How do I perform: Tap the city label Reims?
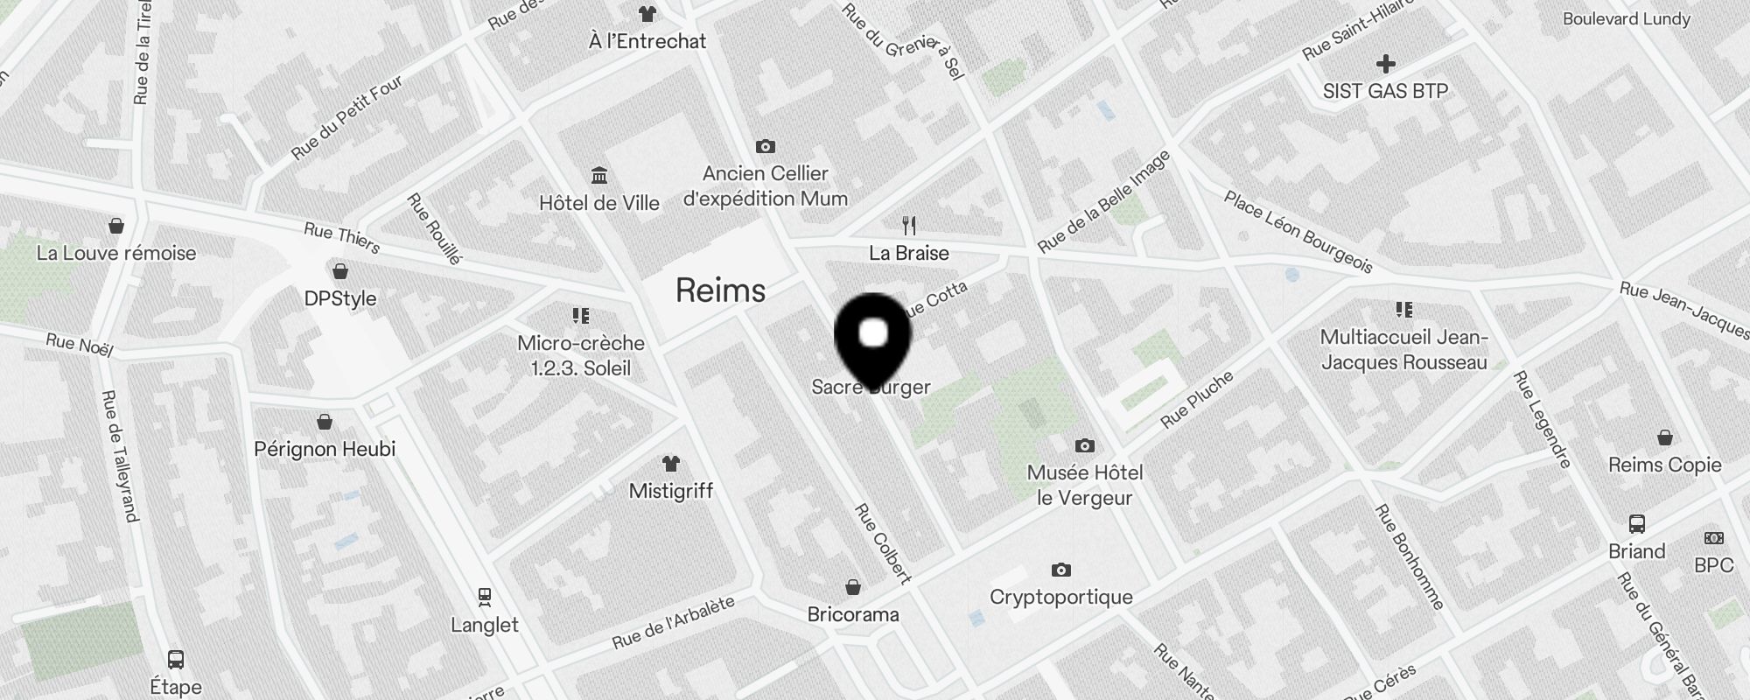click(x=720, y=290)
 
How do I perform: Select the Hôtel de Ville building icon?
click(x=599, y=176)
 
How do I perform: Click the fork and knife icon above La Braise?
click(x=909, y=226)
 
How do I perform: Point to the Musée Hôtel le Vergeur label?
click(x=1085, y=485)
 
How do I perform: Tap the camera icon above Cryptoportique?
click(x=1061, y=570)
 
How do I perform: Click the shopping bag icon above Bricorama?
click(x=853, y=587)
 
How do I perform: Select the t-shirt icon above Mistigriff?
click(x=671, y=464)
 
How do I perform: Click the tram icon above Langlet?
click(x=485, y=598)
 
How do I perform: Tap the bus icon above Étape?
click(x=176, y=660)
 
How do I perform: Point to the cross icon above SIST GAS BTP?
click(x=1385, y=64)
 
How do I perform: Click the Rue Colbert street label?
click(x=883, y=542)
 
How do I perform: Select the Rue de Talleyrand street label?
click(x=120, y=455)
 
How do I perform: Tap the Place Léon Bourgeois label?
click(x=1298, y=232)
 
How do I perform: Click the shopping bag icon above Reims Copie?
click(x=1665, y=437)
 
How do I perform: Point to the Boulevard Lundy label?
click(x=1627, y=18)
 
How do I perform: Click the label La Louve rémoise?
click(x=116, y=253)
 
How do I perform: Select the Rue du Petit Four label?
click(x=347, y=117)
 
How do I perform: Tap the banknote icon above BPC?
click(x=1713, y=538)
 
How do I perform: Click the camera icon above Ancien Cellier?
click(x=766, y=146)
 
